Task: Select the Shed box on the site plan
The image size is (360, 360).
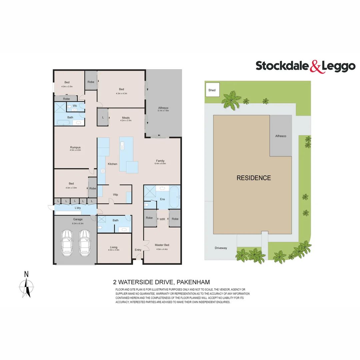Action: pos(212,90)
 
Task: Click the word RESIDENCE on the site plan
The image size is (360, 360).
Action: pos(254,178)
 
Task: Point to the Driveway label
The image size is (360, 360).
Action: pos(221,248)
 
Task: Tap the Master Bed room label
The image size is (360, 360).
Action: pos(162,245)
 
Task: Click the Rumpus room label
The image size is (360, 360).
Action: pos(75,147)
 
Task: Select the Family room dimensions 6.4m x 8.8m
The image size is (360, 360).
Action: pos(160,164)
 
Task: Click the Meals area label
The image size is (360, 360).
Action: pos(126,117)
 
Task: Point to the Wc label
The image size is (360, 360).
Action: pos(75,106)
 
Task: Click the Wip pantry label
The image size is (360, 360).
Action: pos(116,194)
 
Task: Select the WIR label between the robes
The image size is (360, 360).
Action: pos(162,219)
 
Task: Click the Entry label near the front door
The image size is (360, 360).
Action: pos(138,250)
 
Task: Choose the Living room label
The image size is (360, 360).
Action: pos(114,247)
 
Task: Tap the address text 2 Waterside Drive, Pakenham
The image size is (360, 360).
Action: pos(161,282)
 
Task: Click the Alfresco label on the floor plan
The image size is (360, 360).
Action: pos(163,108)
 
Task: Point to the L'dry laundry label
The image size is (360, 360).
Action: pos(78,208)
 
